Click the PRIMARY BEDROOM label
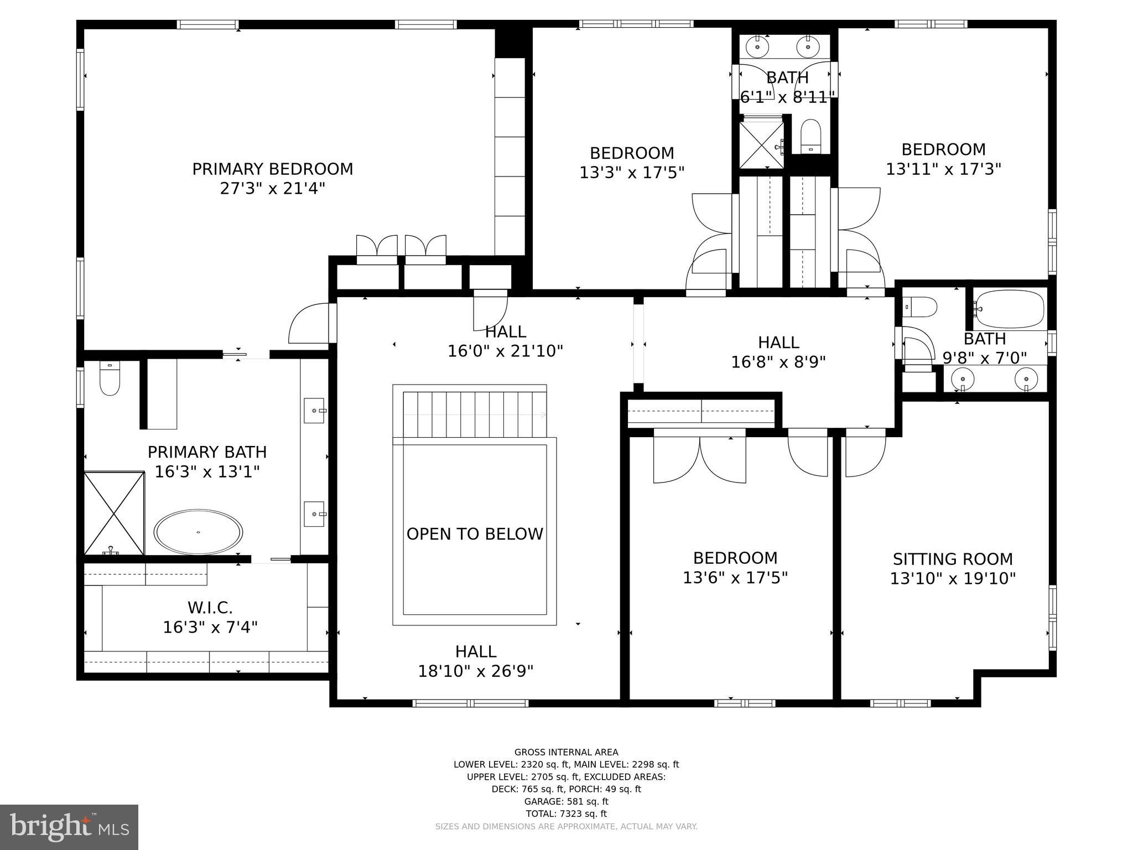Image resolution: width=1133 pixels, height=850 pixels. tap(272, 169)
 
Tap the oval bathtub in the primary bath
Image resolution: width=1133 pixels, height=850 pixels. tap(198, 532)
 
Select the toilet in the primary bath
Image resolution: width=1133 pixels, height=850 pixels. tap(110, 379)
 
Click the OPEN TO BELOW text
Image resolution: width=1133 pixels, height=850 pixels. tap(475, 534)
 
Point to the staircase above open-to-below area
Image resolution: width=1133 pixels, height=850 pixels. tap(474, 414)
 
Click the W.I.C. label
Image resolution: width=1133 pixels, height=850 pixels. tap(210, 608)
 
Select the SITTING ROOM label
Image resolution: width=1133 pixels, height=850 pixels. tap(953, 559)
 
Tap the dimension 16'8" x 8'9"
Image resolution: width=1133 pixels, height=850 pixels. tap(778, 362)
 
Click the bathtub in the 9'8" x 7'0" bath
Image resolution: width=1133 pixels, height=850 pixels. tap(1010, 309)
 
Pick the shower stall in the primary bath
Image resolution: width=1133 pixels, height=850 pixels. tap(113, 513)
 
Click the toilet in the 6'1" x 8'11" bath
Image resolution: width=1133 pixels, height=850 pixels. tap(811, 136)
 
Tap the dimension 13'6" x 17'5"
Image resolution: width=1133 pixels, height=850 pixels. tap(735, 578)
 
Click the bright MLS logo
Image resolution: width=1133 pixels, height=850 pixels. tap(69, 827)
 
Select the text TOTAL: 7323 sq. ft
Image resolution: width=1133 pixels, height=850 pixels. tap(566, 813)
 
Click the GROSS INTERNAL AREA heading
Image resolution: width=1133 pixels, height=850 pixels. tap(566, 752)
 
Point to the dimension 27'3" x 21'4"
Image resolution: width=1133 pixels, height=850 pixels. tap(272, 189)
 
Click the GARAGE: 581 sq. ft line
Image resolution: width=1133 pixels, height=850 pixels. tap(566, 801)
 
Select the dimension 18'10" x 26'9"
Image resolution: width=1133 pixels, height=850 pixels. tap(475, 671)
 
